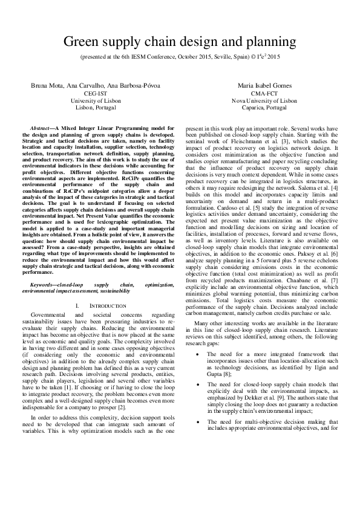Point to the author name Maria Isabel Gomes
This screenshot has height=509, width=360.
click(x=268, y=86)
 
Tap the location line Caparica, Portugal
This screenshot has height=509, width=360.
click(x=268, y=108)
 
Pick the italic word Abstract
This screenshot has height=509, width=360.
click(x=41, y=128)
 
